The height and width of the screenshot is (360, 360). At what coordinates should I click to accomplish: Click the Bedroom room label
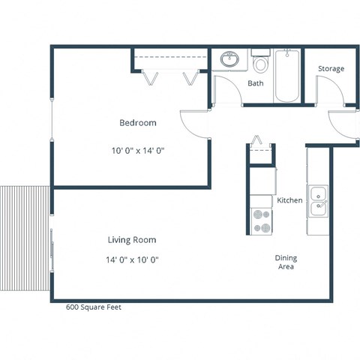[138, 123]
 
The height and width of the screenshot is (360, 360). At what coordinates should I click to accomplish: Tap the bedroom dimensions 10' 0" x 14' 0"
[138, 150]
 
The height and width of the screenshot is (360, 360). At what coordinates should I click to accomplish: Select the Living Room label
[133, 240]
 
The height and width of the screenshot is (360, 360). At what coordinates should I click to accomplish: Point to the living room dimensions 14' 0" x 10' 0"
[133, 259]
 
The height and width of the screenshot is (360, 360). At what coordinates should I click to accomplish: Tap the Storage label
[331, 69]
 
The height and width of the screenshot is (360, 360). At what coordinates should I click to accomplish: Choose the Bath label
[255, 83]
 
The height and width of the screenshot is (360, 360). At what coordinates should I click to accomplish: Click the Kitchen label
[289, 201]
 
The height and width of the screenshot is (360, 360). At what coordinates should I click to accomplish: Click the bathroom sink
[229, 60]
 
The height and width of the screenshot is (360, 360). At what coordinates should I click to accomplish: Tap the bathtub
[288, 77]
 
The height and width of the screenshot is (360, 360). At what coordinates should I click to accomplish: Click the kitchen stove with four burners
[261, 220]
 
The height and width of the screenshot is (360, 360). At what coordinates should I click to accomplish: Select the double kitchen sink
[318, 199]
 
